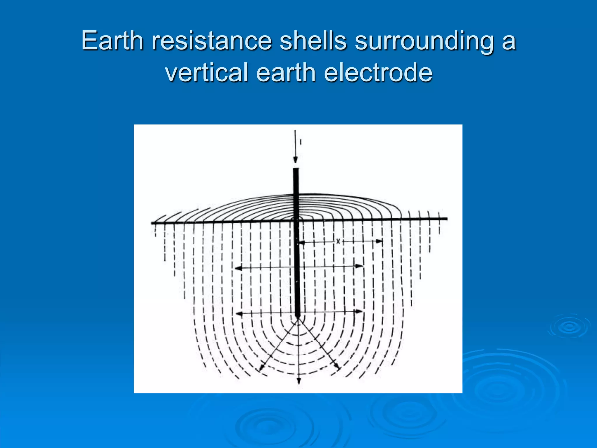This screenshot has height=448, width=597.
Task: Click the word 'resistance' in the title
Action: click(x=211, y=41)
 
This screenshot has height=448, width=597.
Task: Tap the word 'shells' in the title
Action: click(x=313, y=41)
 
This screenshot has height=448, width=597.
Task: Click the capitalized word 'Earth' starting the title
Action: click(x=112, y=41)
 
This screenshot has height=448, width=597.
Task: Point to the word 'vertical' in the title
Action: click(x=206, y=72)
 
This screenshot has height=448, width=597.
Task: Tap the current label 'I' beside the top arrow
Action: click(x=301, y=142)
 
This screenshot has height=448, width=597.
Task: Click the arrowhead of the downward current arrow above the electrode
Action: click(x=295, y=160)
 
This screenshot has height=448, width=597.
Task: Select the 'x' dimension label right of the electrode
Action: click(x=338, y=242)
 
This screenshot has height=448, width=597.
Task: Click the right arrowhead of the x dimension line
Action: click(x=379, y=241)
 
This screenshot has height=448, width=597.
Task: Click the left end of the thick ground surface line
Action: click(x=152, y=223)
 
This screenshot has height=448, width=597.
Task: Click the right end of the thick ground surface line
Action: click(x=446, y=218)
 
